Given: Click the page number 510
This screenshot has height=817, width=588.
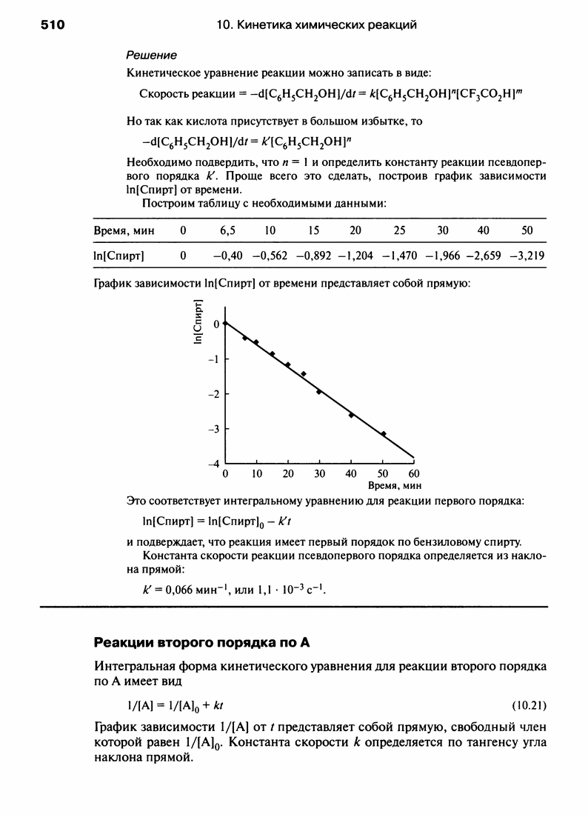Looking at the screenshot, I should point(53,25).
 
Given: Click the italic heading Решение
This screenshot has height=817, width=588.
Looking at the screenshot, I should point(152,56).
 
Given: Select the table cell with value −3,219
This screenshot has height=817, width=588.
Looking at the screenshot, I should point(528,256).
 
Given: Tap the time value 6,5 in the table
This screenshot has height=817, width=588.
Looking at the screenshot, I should point(227,230).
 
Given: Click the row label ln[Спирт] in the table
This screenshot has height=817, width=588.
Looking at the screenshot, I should point(119,256).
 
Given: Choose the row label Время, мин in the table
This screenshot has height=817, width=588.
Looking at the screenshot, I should point(123,230).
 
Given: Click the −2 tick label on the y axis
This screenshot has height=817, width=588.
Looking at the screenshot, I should point(215,394).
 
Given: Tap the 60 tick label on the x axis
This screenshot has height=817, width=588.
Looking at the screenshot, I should point(413,473).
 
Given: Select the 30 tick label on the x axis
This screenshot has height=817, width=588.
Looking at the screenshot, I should point(319,473).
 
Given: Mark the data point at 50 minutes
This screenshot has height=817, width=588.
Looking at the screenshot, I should point(383,434).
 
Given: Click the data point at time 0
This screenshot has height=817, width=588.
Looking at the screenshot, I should point(225,323).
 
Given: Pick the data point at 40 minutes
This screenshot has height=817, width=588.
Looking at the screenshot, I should point(351,416).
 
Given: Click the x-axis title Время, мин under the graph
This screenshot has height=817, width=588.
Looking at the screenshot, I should point(394,486).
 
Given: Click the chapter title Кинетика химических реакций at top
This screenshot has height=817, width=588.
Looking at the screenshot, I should point(326,25).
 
